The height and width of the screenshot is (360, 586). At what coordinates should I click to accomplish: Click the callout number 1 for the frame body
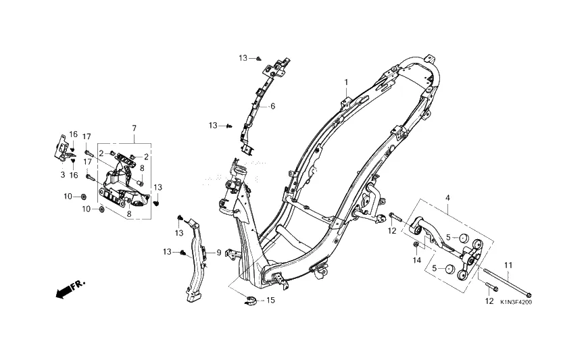[346, 82]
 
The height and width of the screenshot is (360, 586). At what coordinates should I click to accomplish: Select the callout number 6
[273, 107]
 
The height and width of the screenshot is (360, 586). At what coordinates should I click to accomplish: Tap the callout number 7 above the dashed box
[135, 128]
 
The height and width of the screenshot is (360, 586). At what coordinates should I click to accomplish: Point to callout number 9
[218, 253]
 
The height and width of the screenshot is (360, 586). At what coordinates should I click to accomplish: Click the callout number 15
[270, 301]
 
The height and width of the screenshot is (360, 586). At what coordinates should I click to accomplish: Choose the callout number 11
[508, 265]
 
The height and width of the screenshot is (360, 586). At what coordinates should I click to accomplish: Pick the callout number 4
[447, 197]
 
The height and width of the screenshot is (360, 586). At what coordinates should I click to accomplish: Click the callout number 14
[417, 260]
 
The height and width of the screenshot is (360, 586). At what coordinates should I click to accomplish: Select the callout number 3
[63, 174]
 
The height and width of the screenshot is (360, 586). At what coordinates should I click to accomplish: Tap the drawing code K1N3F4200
[516, 302]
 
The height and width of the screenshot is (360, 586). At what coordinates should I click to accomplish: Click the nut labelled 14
[416, 245]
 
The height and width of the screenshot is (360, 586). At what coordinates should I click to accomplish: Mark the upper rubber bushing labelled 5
[464, 238]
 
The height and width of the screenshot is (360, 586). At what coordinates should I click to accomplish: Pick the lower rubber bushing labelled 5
[449, 269]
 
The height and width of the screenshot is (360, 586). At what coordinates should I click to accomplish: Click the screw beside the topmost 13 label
[259, 58]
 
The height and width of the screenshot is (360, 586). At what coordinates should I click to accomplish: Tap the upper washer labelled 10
[83, 197]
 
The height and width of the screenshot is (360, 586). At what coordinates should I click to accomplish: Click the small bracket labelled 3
[61, 149]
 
